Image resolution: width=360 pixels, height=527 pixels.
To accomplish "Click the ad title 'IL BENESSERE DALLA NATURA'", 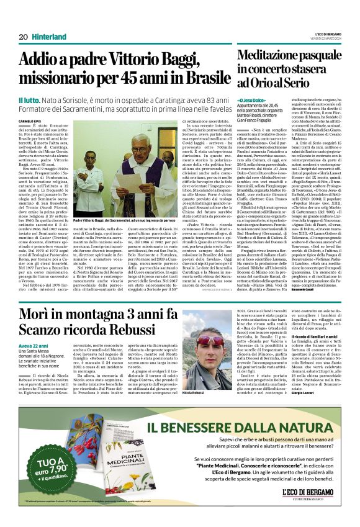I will pyautogui.click(x=248, y=428).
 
